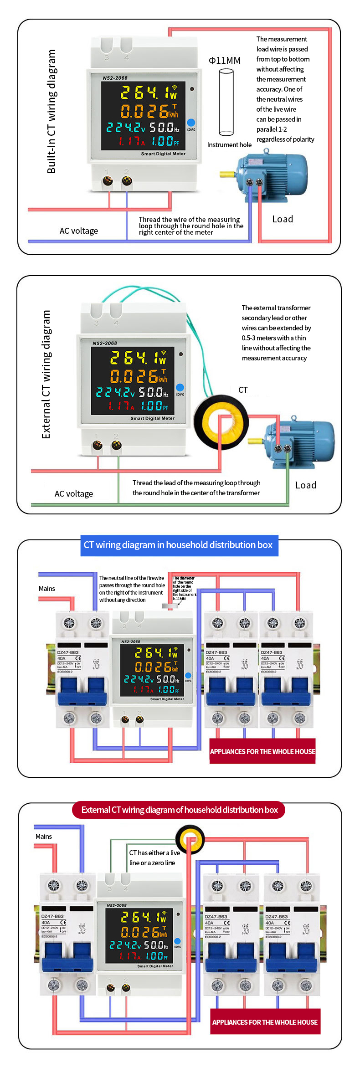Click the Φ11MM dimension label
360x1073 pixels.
(x=225, y=61)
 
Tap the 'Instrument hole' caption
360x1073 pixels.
(x=229, y=145)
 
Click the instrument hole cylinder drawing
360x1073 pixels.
(x=226, y=102)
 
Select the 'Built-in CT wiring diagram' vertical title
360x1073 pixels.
(x=51, y=112)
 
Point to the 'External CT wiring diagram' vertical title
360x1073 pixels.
(x=46, y=375)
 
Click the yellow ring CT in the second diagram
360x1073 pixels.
(x=221, y=422)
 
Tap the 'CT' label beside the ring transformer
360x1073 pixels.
(x=243, y=390)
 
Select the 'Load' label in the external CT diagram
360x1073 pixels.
(x=305, y=485)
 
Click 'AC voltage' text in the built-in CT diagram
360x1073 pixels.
(x=79, y=231)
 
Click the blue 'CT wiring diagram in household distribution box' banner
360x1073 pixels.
(x=178, y=545)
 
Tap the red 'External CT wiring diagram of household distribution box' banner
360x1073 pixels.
(x=179, y=810)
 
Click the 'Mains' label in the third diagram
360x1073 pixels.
(x=47, y=589)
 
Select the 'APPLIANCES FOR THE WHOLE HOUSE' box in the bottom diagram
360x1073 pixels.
(x=265, y=1022)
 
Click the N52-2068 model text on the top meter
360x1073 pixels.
(x=115, y=78)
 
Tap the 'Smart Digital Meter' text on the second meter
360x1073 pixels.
(x=152, y=418)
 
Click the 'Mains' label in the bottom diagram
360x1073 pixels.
(x=44, y=837)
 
